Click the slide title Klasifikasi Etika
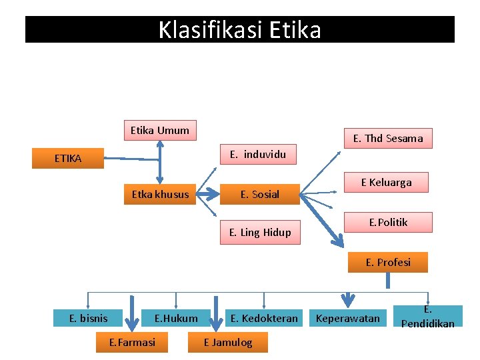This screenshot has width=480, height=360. [x=240, y=30]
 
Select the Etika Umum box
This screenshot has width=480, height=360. [x=160, y=131]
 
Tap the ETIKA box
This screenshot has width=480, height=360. [x=69, y=159]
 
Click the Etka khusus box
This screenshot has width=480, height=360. [x=160, y=195]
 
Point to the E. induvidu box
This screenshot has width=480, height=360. [x=258, y=155]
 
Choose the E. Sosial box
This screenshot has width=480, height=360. [x=260, y=195]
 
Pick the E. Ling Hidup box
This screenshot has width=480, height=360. [x=260, y=233]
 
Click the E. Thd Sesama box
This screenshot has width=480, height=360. [x=388, y=139]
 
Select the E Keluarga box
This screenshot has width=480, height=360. [x=387, y=183]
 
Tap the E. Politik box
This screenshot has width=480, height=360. [x=389, y=223]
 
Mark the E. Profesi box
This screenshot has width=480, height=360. [x=388, y=263]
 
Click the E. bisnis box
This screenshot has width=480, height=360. [x=89, y=319]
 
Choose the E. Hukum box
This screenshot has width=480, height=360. [x=176, y=319]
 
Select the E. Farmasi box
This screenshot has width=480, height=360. [x=132, y=343]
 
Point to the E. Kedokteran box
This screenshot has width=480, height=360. [x=264, y=319]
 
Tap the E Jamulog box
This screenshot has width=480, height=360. [x=228, y=343]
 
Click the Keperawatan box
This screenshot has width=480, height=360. [x=347, y=319]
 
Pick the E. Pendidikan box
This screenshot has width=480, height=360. [x=428, y=317]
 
